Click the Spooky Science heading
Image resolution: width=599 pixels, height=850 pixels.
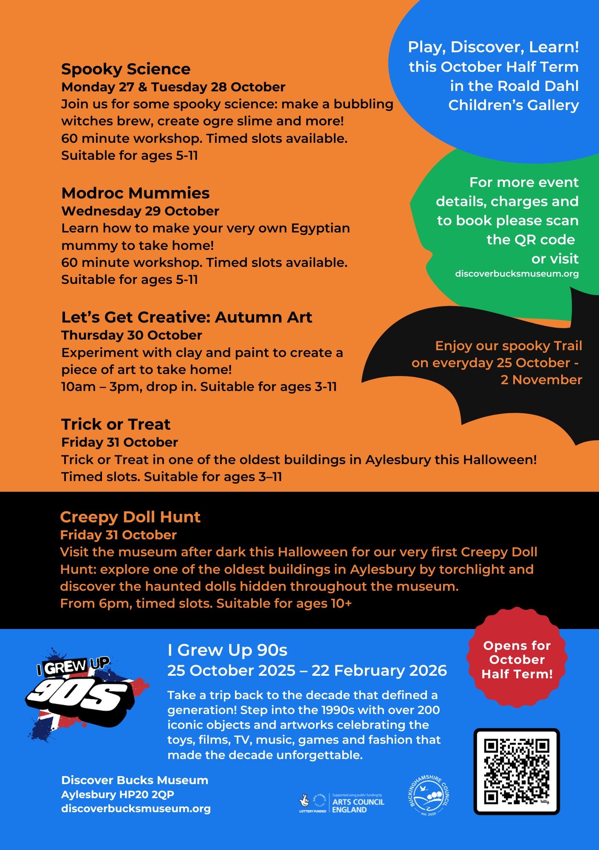point(126,69)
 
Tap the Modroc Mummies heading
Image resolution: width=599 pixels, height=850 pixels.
point(136,193)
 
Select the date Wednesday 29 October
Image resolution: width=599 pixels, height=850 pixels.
point(140,211)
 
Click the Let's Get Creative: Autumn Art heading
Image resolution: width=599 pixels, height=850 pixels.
point(186,317)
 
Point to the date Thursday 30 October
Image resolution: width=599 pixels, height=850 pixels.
point(132,335)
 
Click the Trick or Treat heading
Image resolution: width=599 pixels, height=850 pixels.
point(116,425)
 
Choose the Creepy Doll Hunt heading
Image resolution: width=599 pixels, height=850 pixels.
point(130,517)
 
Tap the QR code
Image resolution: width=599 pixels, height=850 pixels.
point(517,771)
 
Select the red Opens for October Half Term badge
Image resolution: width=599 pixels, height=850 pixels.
point(517,660)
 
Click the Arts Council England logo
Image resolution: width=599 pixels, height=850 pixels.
point(342,803)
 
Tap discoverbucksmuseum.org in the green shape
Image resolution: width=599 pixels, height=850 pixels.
point(517,274)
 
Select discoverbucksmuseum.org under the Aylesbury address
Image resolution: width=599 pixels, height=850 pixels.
point(136,808)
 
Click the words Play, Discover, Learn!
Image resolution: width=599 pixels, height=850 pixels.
point(493,47)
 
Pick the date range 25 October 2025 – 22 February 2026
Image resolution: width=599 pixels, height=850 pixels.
point(307,671)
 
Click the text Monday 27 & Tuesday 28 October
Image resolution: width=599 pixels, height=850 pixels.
point(173,87)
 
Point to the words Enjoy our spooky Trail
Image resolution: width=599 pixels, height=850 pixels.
point(509,346)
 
